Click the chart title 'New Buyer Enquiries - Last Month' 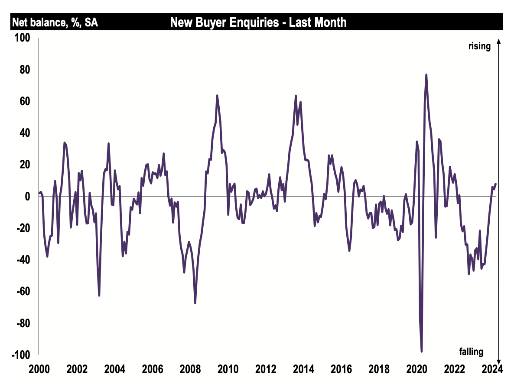tap(258, 22)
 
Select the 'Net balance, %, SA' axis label tap(55, 23)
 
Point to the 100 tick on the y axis tap(23, 38)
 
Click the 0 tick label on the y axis tap(27, 197)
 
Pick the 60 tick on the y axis tap(24, 101)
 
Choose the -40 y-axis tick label tap(23, 260)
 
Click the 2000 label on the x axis tap(39, 370)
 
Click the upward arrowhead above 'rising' tap(499, 41)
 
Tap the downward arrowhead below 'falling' tap(499, 361)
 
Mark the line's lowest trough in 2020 tap(421, 352)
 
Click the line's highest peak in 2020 tap(426, 74)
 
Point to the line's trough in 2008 tap(195, 303)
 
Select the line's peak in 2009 tap(217, 96)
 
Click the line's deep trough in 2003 tap(99, 295)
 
